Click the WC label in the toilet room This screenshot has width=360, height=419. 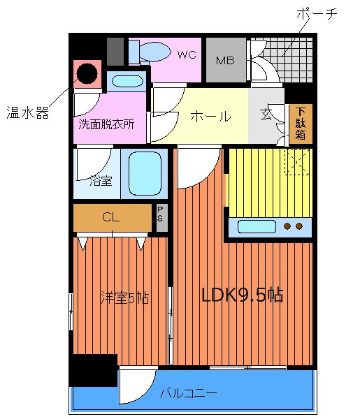tap(186, 54)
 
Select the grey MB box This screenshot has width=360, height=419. tap(225, 60)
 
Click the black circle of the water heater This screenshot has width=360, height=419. tap(87, 72)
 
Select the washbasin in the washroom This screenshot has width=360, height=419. tap(127, 80)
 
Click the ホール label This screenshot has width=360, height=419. tap(210, 117)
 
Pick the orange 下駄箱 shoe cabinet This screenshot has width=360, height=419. tap(300, 124)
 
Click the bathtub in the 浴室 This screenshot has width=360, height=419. tap(145, 172)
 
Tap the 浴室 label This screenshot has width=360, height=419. tap(101, 182)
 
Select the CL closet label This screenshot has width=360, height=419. tap(110, 217)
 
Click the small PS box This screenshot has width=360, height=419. tap(160, 217)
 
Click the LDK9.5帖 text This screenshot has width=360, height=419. tap(241, 295)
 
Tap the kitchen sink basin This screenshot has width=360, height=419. tap(258, 226)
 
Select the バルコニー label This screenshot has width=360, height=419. tap(188, 392)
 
